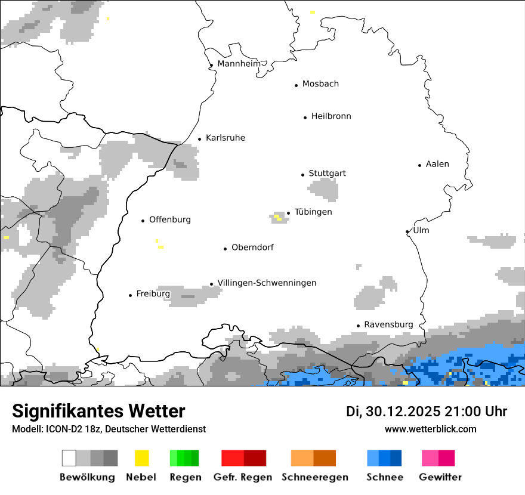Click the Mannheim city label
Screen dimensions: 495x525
point(239,64)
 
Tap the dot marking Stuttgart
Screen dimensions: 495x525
point(302,175)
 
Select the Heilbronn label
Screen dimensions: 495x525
point(331,116)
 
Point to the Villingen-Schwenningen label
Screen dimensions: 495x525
point(267,283)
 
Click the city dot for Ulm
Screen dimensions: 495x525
point(407,231)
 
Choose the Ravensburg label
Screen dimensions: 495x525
point(388,324)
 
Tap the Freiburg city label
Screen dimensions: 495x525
point(153,293)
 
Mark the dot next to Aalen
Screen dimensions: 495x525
point(420,165)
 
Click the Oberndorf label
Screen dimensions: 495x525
point(252,247)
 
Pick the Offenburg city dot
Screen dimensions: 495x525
point(143,221)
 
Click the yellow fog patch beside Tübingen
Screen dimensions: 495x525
point(278,218)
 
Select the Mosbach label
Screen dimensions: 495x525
point(320,84)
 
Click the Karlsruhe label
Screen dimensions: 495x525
point(225,138)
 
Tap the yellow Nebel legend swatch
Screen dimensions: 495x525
point(142,458)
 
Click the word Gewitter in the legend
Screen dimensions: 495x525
point(440,477)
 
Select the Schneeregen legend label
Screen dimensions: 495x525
point(315,477)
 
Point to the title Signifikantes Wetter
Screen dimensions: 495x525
point(98,411)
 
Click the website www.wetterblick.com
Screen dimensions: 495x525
point(430,429)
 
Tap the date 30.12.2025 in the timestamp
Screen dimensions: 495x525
point(402,412)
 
